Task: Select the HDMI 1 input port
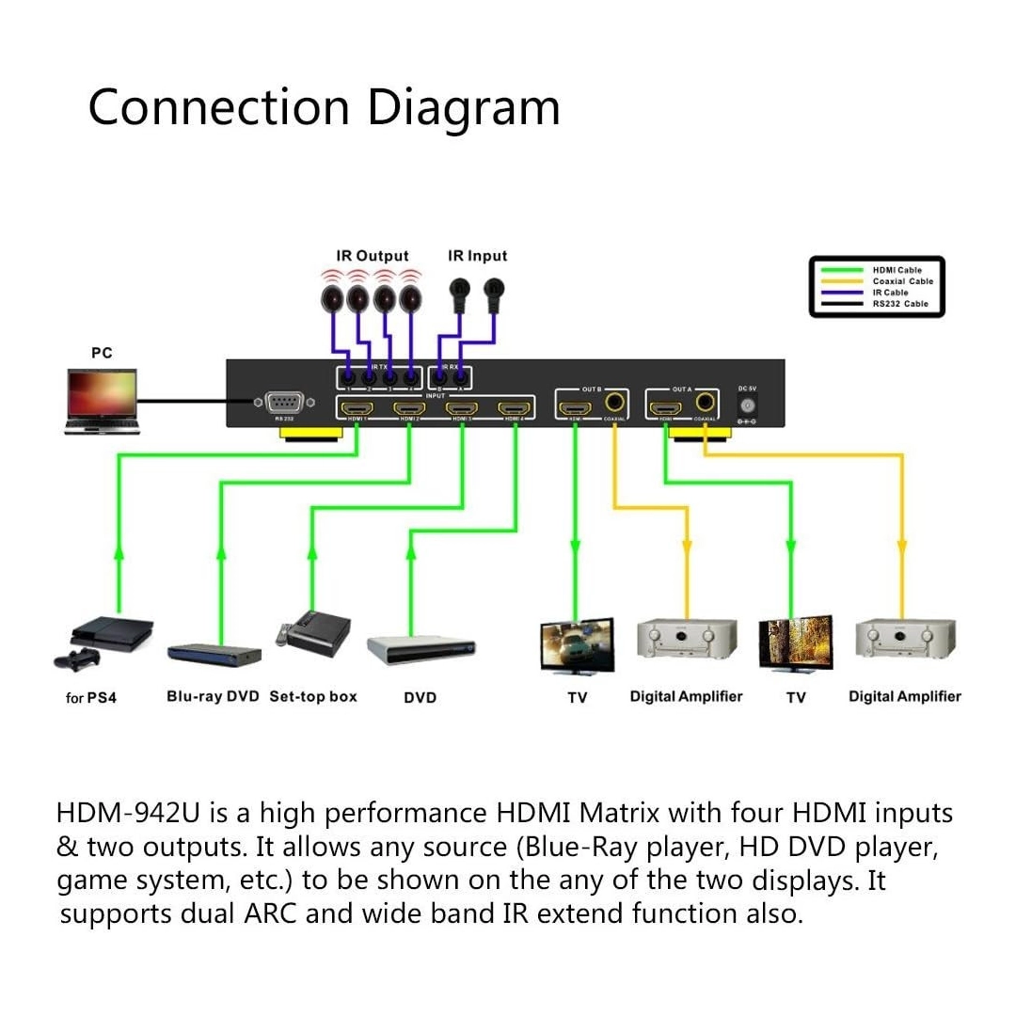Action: tap(356, 408)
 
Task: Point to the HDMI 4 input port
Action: tap(515, 408)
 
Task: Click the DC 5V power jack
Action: tap(748, 405)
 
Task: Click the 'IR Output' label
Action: tap(373, 256)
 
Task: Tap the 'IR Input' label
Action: tap(477, 256)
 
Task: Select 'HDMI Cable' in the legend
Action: tap(897, 271)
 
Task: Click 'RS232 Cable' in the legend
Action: tap(899, 304)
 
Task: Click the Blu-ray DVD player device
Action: tap(214, 654)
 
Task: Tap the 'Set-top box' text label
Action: tap(313, 697)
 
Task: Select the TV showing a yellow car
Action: tap(577, 645)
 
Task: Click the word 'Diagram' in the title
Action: tap(463, 107)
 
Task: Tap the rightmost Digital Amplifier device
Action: tap(905, 640)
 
